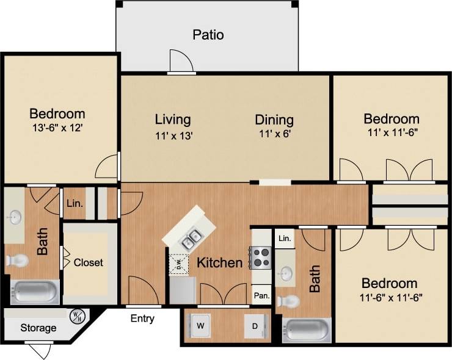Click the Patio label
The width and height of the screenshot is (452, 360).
pos(208,34)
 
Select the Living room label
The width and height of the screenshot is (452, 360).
pos(172,120)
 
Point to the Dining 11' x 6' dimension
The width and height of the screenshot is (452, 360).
pos(274,135)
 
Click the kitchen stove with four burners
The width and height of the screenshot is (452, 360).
pos(261,257)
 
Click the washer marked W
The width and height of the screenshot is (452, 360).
pos(200,326)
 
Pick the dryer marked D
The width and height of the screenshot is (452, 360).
pos(254,326)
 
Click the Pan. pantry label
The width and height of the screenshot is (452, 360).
pos(261,295)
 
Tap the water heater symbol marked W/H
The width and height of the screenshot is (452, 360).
pos(78,316)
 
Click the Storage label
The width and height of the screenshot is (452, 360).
pos(38,328)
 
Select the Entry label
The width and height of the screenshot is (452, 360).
pos(142,319)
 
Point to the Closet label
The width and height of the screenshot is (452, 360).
pos(89,263)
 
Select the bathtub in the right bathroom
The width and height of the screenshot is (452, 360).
pos(307,330)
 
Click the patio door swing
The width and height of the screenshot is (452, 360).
pos(180,62)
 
